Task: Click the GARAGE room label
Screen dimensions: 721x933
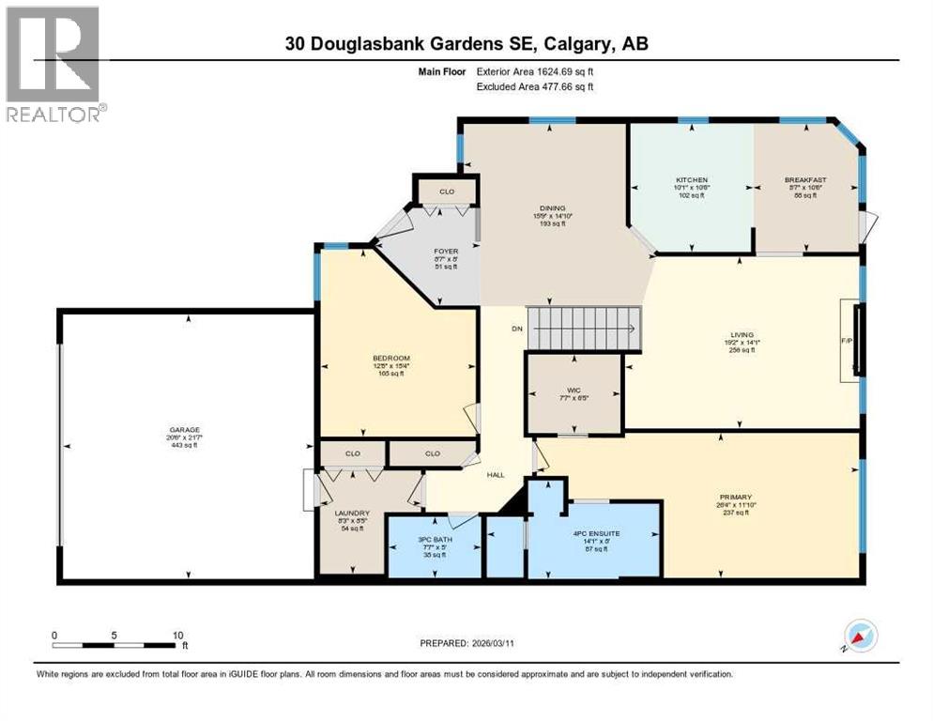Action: pos(185,430)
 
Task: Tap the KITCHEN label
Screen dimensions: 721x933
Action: pos(692,179)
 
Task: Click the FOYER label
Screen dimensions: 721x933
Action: pos(445,251)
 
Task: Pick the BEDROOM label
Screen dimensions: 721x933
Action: pos(390,358)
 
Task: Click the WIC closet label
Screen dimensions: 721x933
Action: pos(574,387)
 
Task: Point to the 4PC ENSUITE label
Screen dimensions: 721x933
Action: pos(597,533)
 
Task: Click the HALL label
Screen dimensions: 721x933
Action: pos(496,474)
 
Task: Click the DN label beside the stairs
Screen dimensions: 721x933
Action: pos(516,329)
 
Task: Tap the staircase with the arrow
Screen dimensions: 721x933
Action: pos(583,329)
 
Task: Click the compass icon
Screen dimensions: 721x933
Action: pos(860,636)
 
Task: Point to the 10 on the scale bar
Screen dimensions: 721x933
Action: pos(178,635)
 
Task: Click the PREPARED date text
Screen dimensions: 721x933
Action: pos(466,643)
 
